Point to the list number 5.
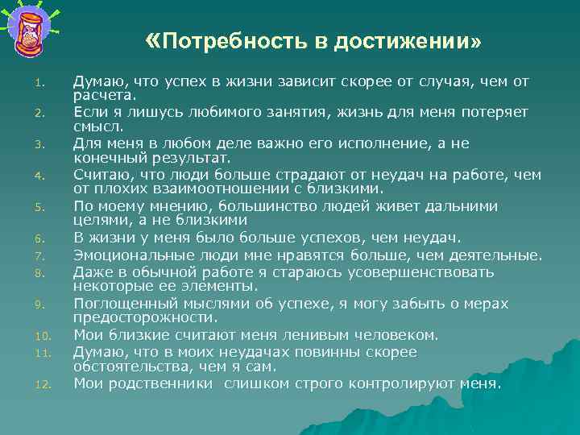point(49,207)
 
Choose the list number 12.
point(48,384)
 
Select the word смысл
point(97,126)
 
